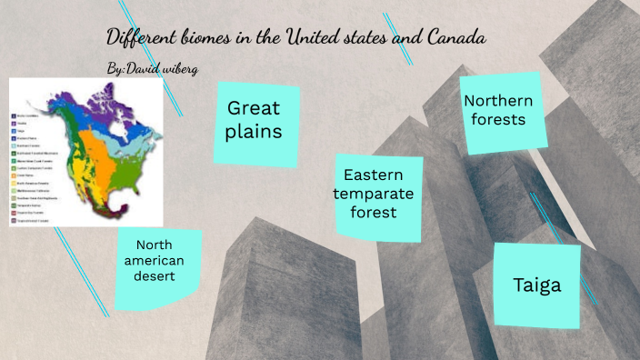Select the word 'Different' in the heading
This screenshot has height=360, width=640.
click(140, 37)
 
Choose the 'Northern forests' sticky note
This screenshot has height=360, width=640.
click(497, 110)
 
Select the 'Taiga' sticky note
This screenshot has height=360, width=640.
click(536, 285)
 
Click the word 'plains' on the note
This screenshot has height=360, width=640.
click(255, 132)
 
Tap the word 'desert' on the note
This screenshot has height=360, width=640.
click(155, 277)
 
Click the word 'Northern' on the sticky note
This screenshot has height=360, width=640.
click(497, 100)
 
